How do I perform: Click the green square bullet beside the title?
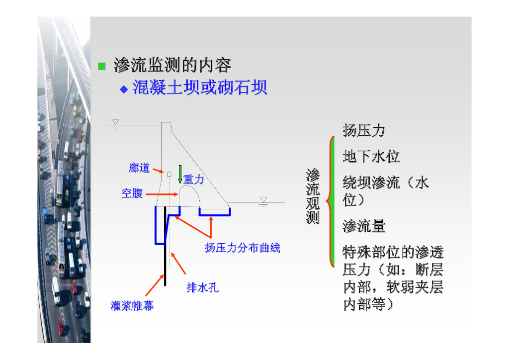[x=102, y=66]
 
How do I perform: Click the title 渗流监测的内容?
[x=172, y=65]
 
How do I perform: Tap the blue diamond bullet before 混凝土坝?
[x=124, y=89]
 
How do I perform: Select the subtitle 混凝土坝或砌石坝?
[x=200, y=88]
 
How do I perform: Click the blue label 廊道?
[x=139, y=168]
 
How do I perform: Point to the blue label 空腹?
[x=132, y=193]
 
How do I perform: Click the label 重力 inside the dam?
[x=194, y=180]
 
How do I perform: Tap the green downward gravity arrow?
[x=180, y=173]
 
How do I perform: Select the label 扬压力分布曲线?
[x=243, y=248]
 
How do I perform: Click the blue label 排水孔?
[x=202, y=287]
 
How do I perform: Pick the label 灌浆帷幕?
[x=132, y=306]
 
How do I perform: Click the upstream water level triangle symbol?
[x=115, y=122]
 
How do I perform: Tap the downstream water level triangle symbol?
[x=263, y=200]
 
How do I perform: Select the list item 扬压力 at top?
[x=364, y=131]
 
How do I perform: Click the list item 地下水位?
[x=371, y=157]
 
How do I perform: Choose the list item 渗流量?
[x=364, y=227]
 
